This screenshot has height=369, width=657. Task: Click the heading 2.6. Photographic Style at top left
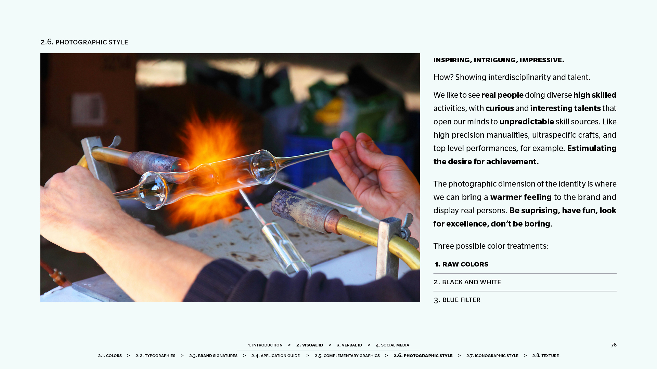click(84, 42)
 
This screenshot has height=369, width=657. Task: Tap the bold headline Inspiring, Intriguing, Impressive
click(499, 60)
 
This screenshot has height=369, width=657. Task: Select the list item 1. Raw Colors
click(462, 264)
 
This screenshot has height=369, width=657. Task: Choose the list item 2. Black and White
click(467, 282)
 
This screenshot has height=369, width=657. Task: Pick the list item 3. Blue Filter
click(457, 300)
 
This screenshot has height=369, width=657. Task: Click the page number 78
click(614, 345)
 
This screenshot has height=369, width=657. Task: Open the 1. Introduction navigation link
click(265, 345)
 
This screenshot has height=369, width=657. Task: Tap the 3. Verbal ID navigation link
click(349, 345)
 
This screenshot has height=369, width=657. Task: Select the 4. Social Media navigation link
click(392, 345)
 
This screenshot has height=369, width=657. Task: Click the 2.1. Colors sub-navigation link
click(110, 356)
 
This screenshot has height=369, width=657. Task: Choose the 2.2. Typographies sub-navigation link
click(155, 356)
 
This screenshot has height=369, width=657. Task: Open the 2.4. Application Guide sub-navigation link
click(275, 356)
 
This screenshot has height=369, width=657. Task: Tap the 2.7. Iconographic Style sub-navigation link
click(492, 356)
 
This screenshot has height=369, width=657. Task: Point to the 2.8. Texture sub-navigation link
click(545, 356)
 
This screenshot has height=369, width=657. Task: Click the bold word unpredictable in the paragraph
click(527, 122)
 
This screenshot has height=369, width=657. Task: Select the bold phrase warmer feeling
click(521, 197)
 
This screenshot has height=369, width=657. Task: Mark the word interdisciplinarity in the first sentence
click(519, 78)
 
